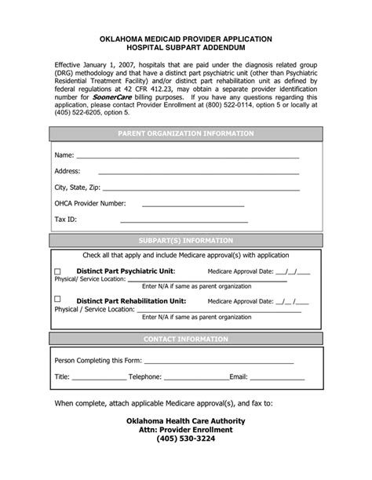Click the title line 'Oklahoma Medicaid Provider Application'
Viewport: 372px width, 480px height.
point(185,38)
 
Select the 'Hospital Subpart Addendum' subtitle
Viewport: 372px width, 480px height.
point(185,48)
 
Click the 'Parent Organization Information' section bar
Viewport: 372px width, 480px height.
point(185,134)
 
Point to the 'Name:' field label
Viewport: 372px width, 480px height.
point(64,155)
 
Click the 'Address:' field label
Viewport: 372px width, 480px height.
point(67,171)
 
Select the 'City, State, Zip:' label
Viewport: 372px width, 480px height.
point(77,187)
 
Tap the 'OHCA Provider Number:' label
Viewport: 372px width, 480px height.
point(89,203)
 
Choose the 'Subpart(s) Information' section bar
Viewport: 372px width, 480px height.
point(185,241)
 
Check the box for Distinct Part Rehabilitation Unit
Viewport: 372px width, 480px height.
point(57,299)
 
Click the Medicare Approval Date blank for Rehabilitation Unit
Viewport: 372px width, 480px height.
point(293,301)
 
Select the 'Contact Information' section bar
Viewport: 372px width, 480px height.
point(185,339)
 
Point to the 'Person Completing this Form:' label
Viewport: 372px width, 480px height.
point(98,362)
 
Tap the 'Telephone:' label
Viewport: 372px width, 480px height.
point(145,377)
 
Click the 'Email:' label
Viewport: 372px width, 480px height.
point(239,377)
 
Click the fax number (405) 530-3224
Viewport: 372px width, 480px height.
point(185,438)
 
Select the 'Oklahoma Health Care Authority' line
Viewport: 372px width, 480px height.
point(185,420)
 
